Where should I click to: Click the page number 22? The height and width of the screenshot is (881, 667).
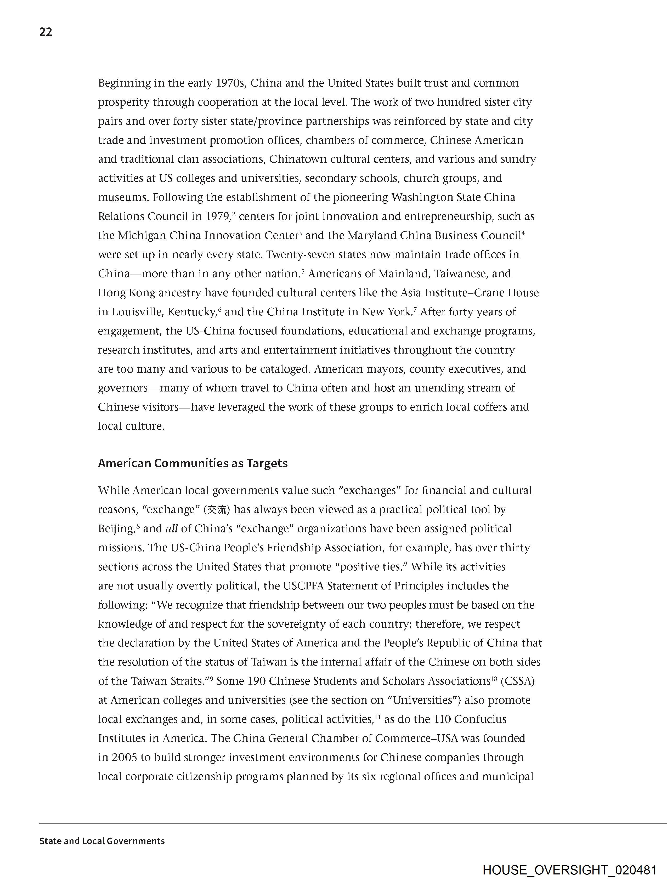[x=46, y=32]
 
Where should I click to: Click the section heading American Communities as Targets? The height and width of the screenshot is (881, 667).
[x=193, y=463]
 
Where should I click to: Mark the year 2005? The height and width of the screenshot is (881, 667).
[x=124, y=758]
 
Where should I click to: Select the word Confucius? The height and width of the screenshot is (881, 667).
[x=480, y=719]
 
